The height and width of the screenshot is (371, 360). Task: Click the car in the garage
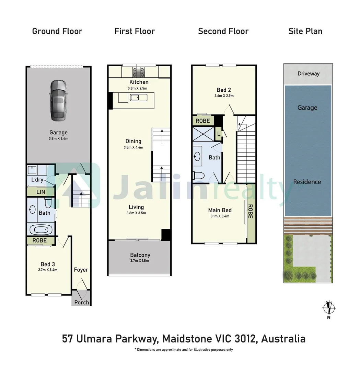point(58,100)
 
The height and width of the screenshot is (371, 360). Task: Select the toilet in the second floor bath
point(198,176)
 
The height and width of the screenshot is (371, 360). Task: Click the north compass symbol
point(329,308)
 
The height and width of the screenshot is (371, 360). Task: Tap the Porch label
point(82,302)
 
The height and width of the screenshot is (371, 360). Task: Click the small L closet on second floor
point(218,134)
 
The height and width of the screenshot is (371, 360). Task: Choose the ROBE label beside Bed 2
point(203,121)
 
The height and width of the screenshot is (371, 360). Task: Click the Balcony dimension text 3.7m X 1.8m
point(140,261)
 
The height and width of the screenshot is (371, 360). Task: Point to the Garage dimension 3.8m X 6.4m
point(59,138)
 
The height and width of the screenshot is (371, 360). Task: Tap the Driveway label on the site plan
point(308,74)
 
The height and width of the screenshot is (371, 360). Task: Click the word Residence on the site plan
point(307,182)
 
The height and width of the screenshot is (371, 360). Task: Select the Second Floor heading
point(223,31)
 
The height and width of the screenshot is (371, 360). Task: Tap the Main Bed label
point(220,210)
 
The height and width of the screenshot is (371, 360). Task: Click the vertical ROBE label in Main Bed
point(250,212)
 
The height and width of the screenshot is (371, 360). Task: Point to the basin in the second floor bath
point(197,156)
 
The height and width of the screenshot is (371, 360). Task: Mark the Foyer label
point(81,270)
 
